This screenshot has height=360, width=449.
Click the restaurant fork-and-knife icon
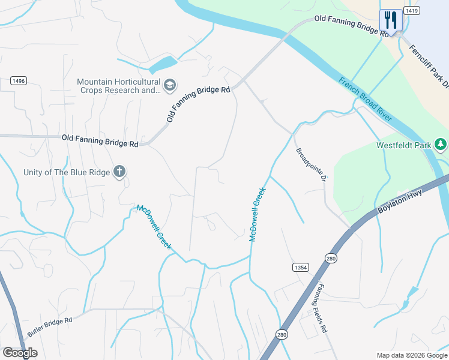pyautogui.click(x=391, y=19)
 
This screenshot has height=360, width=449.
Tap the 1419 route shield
pyautogui.click(x=411, y=10)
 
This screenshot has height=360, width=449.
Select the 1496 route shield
pyautogui.click(x=19, y=81)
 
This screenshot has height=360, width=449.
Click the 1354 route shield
pyautogui.click(x=301, y=266)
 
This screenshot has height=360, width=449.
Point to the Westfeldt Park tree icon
pyautogui.click(x=441, y=145)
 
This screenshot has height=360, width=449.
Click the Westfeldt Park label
pyautogui.click(x=404, y=145)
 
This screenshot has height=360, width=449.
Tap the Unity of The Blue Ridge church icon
pyautogui.click(x=119, y=172)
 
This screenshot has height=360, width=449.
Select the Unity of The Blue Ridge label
pyautogui.click(x=67, y=172)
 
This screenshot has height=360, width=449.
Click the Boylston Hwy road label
pyautogui.click(x=400, y=201)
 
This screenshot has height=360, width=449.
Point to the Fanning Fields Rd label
pyautogui.click(x=321, y=308)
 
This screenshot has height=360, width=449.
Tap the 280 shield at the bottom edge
pyautogui.click(x=282, y=334)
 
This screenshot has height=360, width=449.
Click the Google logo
pyautogui.click(x=20, y=353)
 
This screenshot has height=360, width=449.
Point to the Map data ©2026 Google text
pyautogui.click(x=411, y=355)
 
